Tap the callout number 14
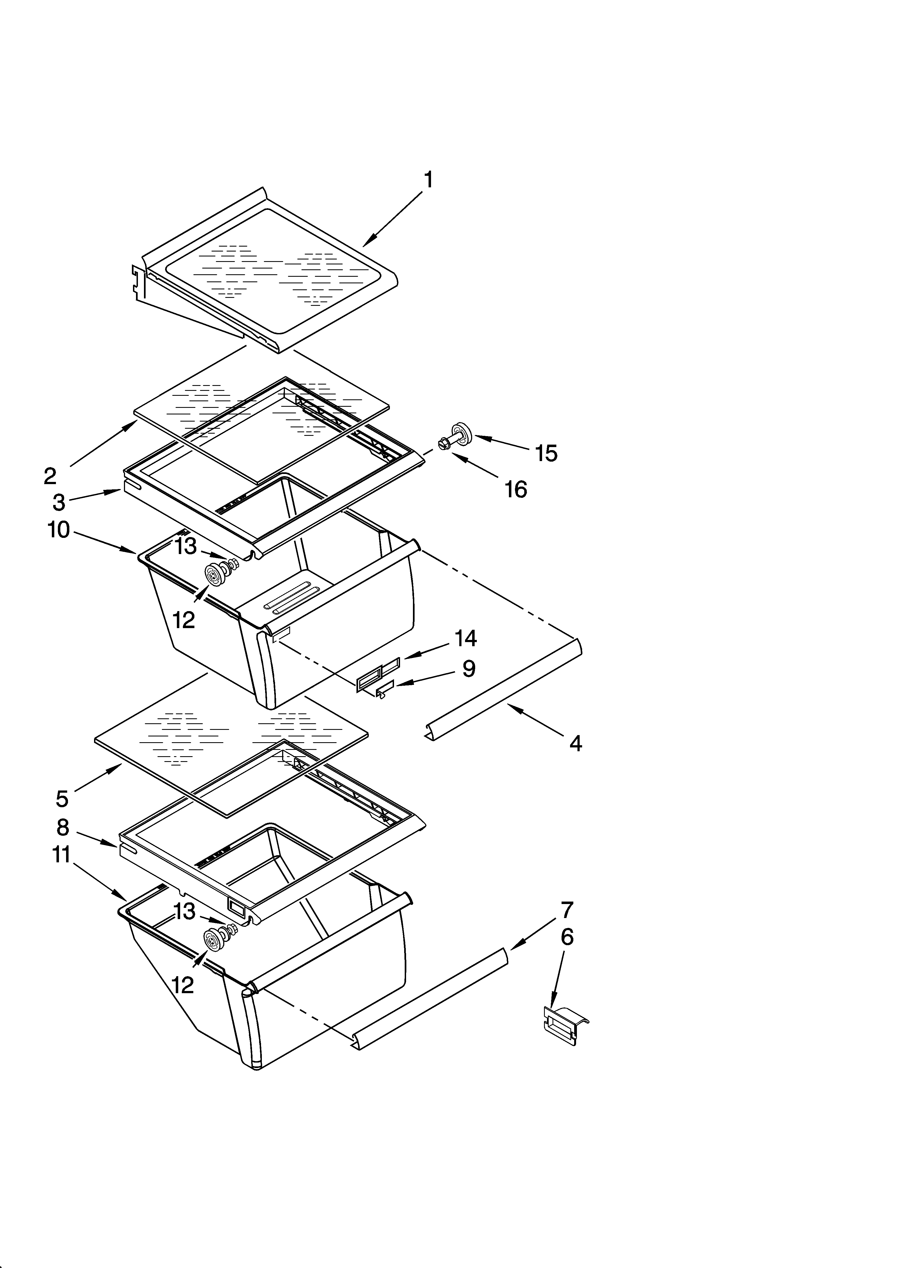(x=465, y=638)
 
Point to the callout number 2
(x=50, y=476)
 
